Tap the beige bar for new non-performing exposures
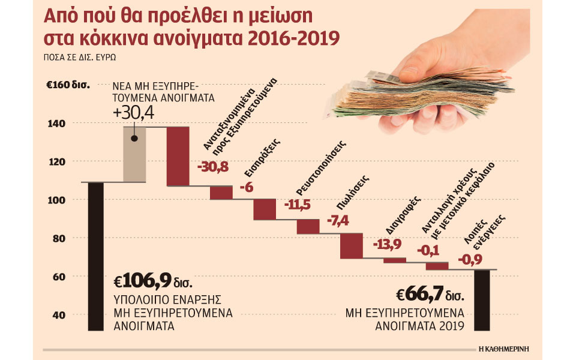[134, 159]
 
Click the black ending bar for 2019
[485, 300]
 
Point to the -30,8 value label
[213, 167]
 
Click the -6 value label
[246, 188]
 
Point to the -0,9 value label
[471, 260]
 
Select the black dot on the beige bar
[134, 139]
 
